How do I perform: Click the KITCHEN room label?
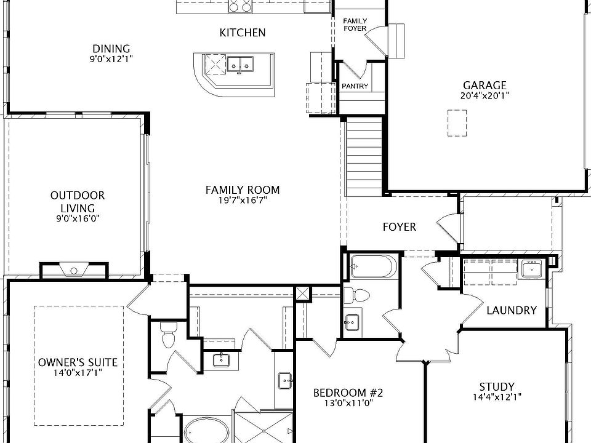[243, 33]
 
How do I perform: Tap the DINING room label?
[111, 49]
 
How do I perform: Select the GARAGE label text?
[484, 86]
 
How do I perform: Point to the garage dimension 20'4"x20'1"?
[484, 95]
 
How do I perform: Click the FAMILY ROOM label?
[243, 190]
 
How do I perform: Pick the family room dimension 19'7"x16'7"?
[243, 201]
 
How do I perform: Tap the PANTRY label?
[355, 86]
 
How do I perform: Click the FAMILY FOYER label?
[355, 25]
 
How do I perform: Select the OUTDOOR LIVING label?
[78, 202]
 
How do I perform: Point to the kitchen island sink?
[240, 63]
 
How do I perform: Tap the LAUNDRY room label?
[511, 310]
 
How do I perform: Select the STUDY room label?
[497, 387]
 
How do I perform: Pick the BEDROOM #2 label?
[348, 393]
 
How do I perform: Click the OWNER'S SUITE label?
[78, 362]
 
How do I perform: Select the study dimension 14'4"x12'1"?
[497, 397]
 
